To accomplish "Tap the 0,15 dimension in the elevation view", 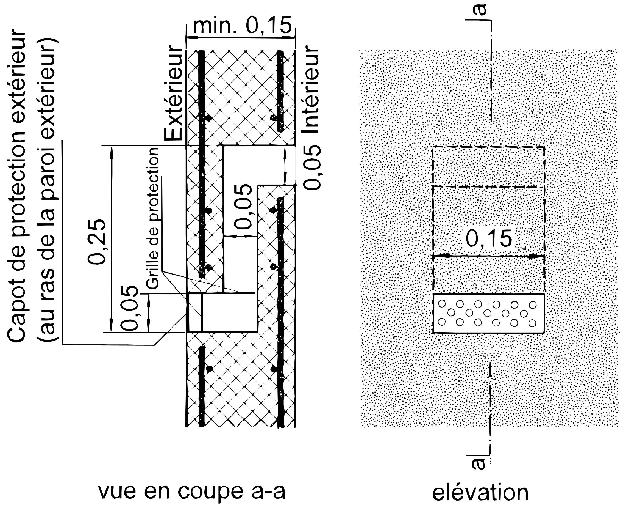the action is click(x=489, y=238).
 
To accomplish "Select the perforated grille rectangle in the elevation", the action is click(x=488, y=313).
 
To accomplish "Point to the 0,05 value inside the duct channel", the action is click(x=243, y=207).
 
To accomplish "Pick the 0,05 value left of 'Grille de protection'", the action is click(x=130, y=308).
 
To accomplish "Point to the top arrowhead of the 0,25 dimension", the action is click(x=111, y=153).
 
